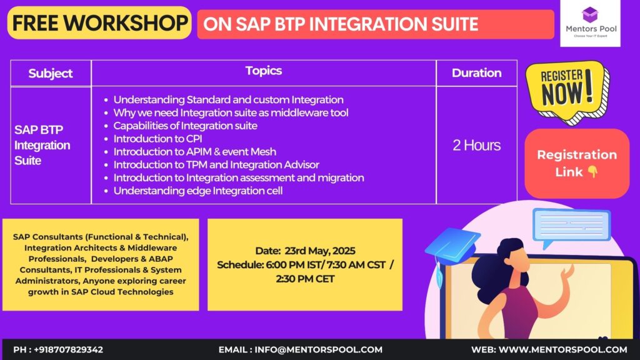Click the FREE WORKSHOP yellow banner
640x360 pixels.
tap(99, 23)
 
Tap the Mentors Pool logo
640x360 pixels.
tap(590, 23)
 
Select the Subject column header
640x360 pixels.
tap(51, 73)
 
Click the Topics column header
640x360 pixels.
tap(263, 71)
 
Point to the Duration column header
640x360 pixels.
tap(476, 73)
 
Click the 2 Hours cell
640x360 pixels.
tap(476, 146)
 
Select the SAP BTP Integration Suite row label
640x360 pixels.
tap(42, 145)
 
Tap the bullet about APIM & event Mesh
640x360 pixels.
tap(194, 151)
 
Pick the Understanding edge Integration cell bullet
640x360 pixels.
tap(197, 191)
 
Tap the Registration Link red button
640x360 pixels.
tap(576, 163)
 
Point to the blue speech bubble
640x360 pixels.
tap(571, 227)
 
